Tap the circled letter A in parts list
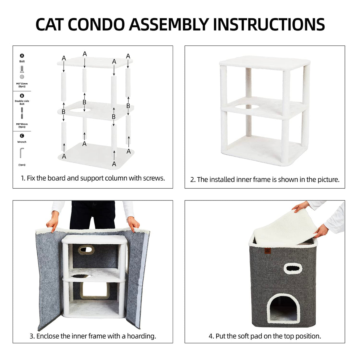[22, 56]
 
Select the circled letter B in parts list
[22, 96]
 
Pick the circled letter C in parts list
[22, 136]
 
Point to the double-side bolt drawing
[22, 113]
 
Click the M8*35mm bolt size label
[22, 84]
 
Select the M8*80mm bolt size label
[22, 124]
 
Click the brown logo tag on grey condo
[267, 251]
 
